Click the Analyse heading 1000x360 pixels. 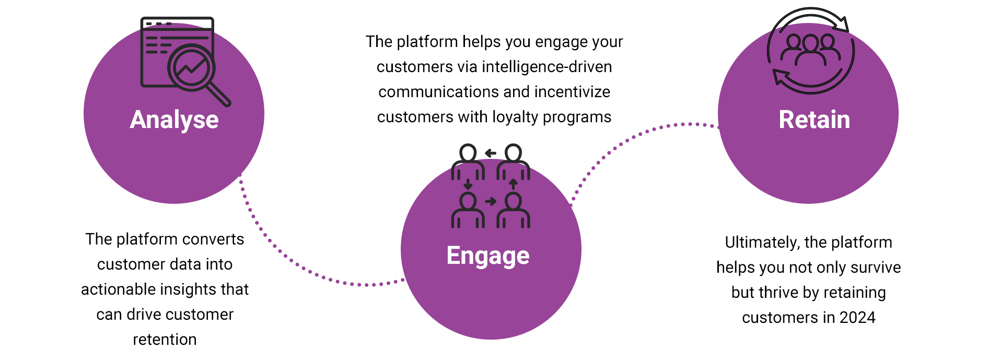click(x=174, y=120)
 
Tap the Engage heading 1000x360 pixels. click(x=488, y=256)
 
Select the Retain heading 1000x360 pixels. click(x=814, y=120)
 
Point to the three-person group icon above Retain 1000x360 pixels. click(x=810, y=50)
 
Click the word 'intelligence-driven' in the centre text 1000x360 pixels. click(x=546, y=67)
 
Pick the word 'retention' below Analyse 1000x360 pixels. click(x=165, y=340)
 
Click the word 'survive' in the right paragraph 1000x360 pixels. click(x=876, y=268)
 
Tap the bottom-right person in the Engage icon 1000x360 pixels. click(x=513, y=210)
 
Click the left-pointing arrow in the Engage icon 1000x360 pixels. click(x=491, y=153)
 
